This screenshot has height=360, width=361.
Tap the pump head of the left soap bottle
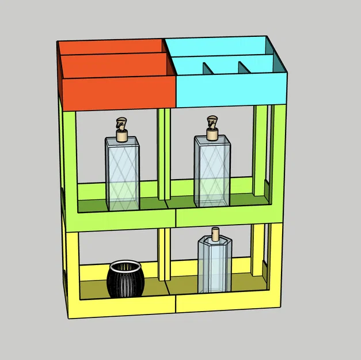pyautogui.click(x=121, y=123)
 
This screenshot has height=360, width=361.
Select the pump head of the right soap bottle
pyautogui.click(x=212, y=122)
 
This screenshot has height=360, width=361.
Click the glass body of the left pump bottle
pyautogui.click(x=122, y=173)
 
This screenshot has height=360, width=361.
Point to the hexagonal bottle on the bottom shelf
pyautogui.click(x=214, y=265)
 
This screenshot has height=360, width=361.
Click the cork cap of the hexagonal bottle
pyautogui.click(x=216, y=233)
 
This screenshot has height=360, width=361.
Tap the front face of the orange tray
pyautogui.click(x=118, y=92)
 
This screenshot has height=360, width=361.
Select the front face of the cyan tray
pyautogui.click(x=230, y=89)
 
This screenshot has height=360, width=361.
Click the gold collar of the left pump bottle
pyautogui.click(x=121, y=137)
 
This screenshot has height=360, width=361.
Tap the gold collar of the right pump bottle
pyautogui.click(x=212, y=135)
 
